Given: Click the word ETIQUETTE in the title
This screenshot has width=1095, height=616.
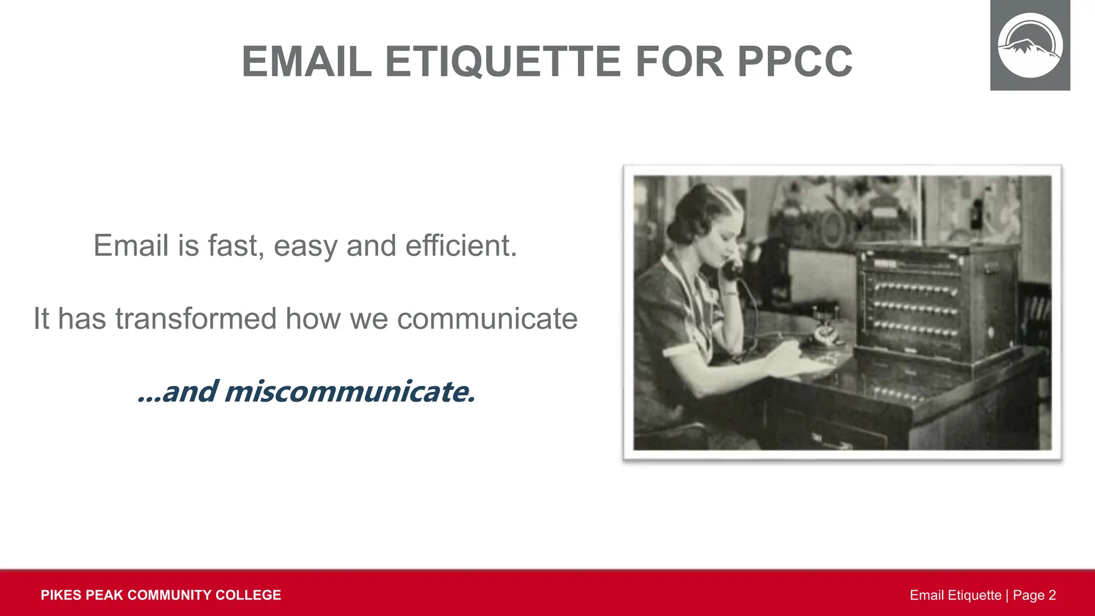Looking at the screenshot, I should point(503,62).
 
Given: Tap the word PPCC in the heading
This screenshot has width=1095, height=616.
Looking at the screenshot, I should point(795,62).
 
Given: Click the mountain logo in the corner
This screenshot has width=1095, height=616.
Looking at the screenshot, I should point(1030,46).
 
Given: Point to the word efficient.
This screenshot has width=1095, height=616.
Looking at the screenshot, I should point(461,246).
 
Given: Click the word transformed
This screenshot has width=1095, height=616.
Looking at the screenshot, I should point(196,319).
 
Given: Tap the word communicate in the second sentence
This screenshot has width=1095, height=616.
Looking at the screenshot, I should point(487,319).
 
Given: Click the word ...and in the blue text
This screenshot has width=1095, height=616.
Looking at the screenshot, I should point(178,391).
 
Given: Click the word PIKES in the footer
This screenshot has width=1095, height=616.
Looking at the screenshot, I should point(60,595).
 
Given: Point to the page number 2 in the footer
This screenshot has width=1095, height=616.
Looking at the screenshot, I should point(1052,595).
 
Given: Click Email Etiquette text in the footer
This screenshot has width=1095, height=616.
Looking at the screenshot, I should point(955,595).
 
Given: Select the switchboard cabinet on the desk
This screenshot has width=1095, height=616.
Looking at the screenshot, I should point(933,302).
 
